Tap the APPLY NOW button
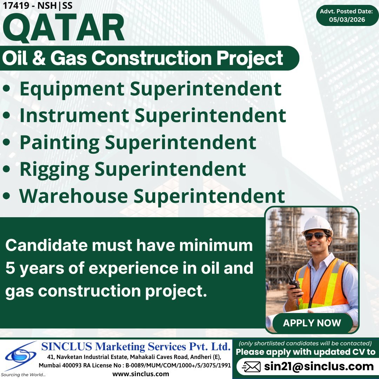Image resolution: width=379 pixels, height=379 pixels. tap(312, 323)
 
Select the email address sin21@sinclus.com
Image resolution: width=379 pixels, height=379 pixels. tap(319, 367)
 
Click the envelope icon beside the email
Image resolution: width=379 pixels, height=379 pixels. tap(251, 367)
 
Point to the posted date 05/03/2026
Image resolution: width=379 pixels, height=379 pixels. tap(347, 20)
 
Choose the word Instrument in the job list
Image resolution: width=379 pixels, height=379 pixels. tap(74, 116)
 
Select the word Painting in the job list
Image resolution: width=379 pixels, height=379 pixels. tap(59, 142)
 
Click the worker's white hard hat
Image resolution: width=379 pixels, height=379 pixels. tap(317, 225)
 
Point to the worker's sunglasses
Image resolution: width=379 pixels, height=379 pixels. tap(315, 236)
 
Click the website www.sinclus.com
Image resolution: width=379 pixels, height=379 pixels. tap(140, 374)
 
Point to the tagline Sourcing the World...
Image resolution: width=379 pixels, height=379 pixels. tap(23, 375)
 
